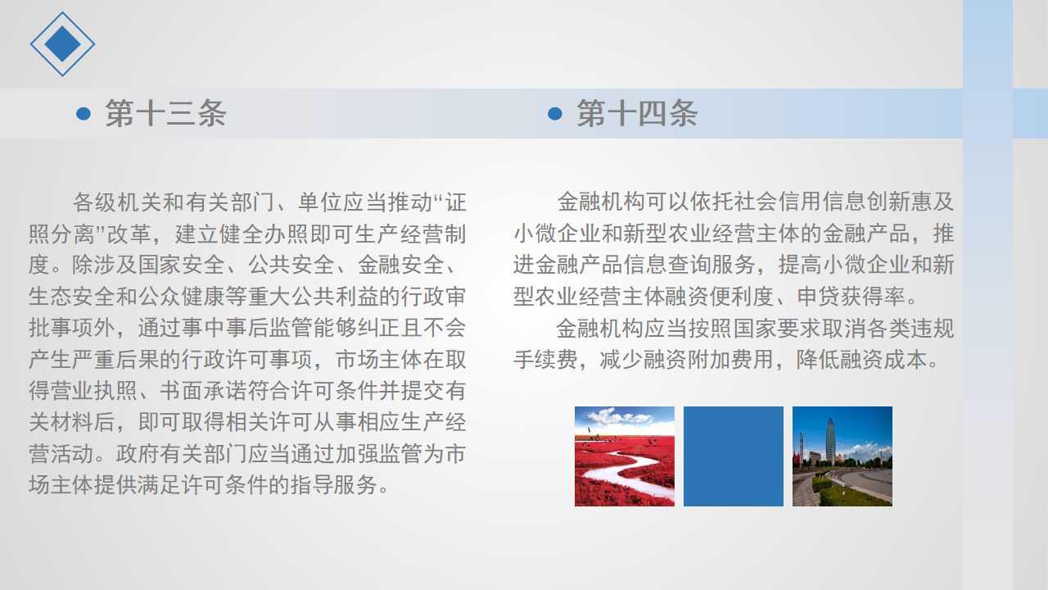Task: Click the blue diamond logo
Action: point(63,44)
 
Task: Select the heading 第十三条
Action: point(165,113)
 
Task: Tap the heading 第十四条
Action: point(637,113)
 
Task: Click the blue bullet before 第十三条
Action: point(84,113)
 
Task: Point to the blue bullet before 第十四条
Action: point(555,113)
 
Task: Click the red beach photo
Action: point(625,456)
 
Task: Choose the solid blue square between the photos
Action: point(734,456)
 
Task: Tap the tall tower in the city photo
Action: point(830,439)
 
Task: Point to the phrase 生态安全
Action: point(71,297)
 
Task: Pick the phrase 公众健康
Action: point(182,297)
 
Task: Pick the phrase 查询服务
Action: point(711,265)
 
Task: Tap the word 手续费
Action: point(546,360)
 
